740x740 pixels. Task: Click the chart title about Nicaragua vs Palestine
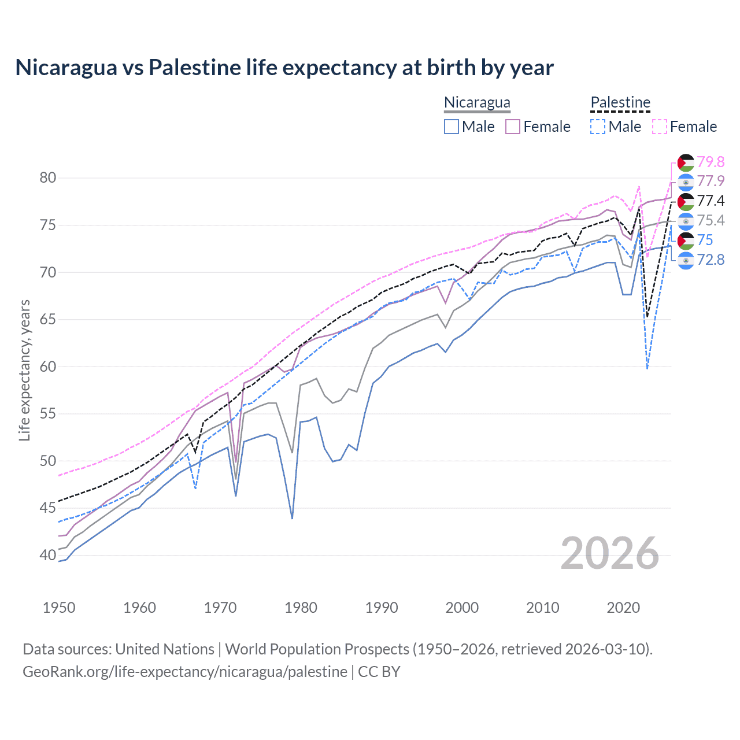pyautogui.click(x=284, y=68)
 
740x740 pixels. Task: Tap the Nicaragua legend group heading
pyautogui.click(x=477, y=103)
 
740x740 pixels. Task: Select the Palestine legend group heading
pyautogui.click(x=620, y=103)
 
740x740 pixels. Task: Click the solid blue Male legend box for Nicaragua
pyautogui.click(x=452, y=127)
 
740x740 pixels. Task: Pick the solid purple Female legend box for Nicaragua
pyautogui.click(x=513, y=127)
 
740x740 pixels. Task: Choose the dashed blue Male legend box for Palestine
pyautogui.click(x=598, y=127)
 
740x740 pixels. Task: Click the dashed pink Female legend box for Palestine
pyautogui.click(x=660, y=127)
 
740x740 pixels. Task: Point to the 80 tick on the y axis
pyautogui.click(x=48, y=177)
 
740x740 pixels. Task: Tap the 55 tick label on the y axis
pyautogui.click(x=48, y=414)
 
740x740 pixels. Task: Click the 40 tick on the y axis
pyautogui.click(x=48, y=556)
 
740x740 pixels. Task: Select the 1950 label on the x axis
pyautogui.click(x=59, y=608)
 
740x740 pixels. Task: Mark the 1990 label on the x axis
pyautogui.click(x=382, y=608)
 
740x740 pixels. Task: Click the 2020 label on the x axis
pyautogui.click(x=623, y=608)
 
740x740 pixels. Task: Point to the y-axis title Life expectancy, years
pyautogui.click(x=24, y=370)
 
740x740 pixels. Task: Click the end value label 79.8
pyautogui.click(x=711, y=162)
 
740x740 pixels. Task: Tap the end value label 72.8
pyautogui.click(x=711, y=260)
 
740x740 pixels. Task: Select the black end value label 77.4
pyautogui.click(x=711, y=201)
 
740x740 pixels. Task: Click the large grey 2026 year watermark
pyautogui.click(x=610, y=553)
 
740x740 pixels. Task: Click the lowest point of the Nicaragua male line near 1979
pyautogui.click(x=293, y=519)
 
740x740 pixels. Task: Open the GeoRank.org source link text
pyautogui.click(x=185, y=672)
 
